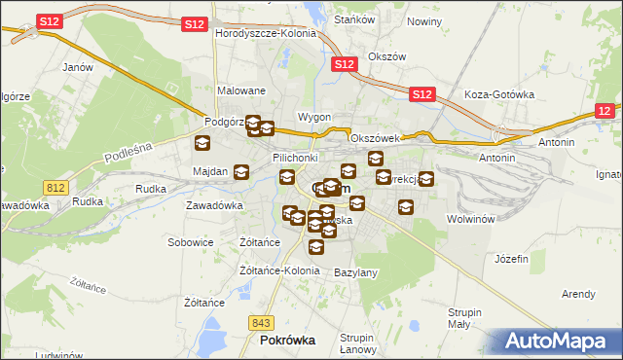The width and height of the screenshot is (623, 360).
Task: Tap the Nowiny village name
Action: click(424, 21)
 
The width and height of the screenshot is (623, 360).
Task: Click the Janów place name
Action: click(77, 67)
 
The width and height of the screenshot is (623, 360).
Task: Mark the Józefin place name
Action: click(511, 260)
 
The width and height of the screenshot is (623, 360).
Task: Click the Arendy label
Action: click(578, 294)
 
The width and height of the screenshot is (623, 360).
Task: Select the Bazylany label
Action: click(355, 272)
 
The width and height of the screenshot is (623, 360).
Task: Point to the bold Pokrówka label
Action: click(288, 342)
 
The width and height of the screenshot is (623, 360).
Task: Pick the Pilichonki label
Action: click(296, 157)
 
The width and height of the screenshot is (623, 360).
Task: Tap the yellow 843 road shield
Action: click(260, 322)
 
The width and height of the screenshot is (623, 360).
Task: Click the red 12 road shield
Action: click(605, 112)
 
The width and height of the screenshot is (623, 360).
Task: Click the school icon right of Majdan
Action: click(241, 173)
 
